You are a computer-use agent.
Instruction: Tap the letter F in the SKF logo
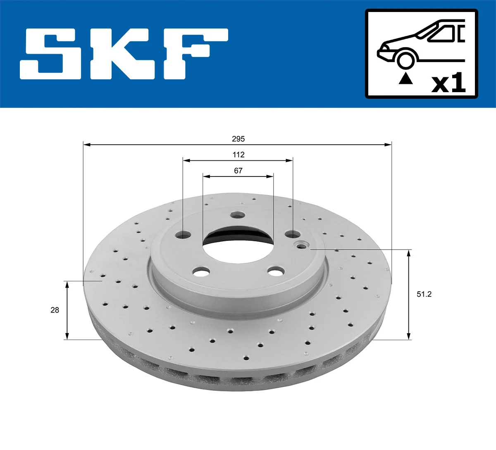tap(194, 54)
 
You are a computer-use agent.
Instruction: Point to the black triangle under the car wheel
tap(405, 79)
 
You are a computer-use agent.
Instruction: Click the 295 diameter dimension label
tap(238, 139)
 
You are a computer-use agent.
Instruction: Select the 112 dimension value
tap(238, 155)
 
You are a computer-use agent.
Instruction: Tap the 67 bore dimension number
tap(238, 170)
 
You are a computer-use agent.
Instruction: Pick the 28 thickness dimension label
tap(55, 310)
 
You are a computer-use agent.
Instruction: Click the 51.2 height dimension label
tap(424, 294)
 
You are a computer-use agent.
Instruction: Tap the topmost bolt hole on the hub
tap(238, 215)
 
